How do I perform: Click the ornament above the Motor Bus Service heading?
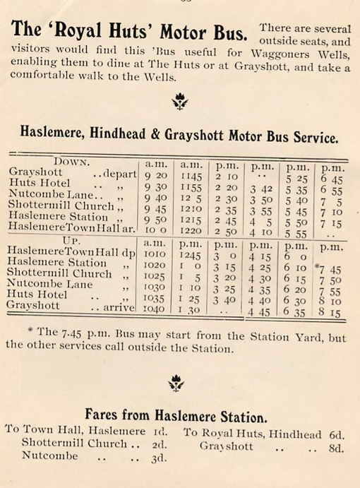coord(180,102)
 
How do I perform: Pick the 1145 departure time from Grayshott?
coord(192,177)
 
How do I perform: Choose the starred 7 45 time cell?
coord(328,269)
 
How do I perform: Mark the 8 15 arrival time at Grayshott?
coord(329,313)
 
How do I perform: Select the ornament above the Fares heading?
coord(176,383)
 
